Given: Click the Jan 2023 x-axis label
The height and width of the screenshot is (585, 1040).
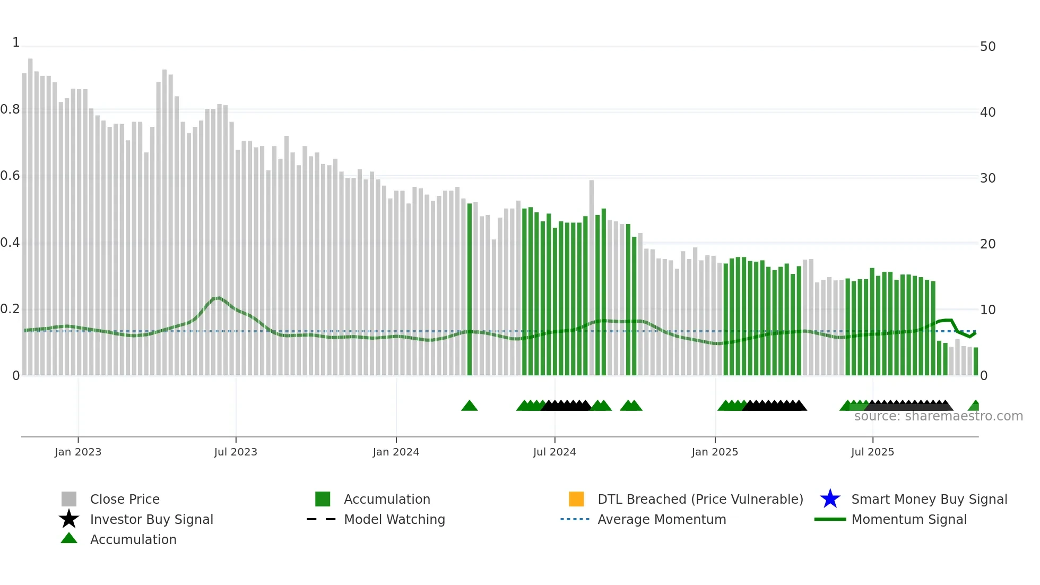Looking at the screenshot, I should coord(78,452).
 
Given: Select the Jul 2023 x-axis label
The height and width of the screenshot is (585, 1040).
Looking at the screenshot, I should coord(236,452).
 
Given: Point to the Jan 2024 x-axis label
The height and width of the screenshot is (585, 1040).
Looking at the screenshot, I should coord(396,452).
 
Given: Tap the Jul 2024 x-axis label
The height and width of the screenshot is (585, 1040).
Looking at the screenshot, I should coord(554,452).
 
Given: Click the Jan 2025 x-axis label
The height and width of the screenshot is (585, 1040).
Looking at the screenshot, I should coord(715,452).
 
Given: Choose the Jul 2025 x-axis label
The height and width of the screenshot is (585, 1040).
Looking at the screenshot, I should coord(872,452).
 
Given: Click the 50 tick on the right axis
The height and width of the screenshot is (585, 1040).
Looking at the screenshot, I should coord(987,47).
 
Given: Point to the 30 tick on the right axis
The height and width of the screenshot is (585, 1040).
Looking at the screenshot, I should coord(987,178).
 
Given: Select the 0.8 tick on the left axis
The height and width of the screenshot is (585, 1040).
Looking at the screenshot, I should coord(10,110).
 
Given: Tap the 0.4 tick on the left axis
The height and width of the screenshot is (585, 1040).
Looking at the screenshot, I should coord(10,243).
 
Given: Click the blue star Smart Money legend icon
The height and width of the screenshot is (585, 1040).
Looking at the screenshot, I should coord(830,499).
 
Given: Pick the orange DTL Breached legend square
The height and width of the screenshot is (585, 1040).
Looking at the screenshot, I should coord(576,499).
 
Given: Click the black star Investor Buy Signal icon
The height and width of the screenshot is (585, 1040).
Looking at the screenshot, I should coord(69,519).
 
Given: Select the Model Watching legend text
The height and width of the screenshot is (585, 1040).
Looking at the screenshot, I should coord(394,519).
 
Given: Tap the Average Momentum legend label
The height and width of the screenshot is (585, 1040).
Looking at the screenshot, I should coord(662,519).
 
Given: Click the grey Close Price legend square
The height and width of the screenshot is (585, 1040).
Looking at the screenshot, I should coord(69,499).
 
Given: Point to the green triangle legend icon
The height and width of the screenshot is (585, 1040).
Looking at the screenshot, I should coord(69,538).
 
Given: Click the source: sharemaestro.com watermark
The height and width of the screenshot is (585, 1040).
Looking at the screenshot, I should coord(938,416).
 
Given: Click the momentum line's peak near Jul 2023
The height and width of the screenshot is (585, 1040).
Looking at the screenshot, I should coord(218,298).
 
